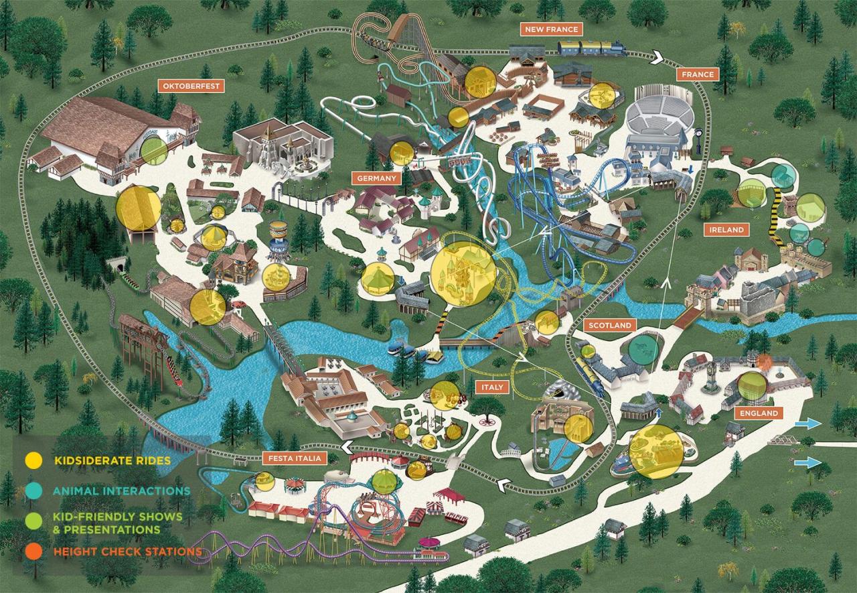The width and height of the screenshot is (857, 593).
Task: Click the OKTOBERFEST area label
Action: click(190, 86)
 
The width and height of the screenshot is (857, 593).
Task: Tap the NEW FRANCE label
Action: click(551, 29)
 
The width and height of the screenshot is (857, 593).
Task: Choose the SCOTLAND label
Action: click(610, 326)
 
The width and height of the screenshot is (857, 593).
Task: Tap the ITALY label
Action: click(492, 387)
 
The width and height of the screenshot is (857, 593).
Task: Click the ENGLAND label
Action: click(759, 413)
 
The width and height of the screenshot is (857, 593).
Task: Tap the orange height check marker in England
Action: click(765, 363)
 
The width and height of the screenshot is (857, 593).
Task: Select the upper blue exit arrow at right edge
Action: click(808, 423)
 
